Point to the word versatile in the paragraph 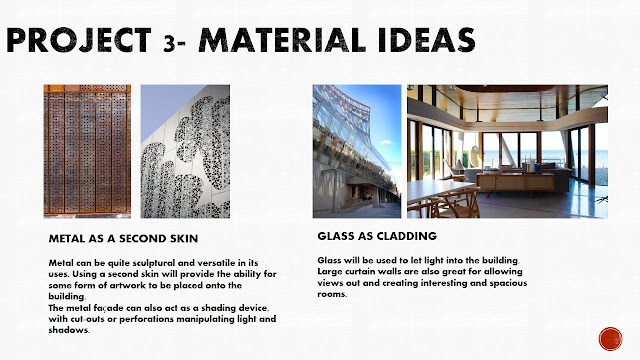(202, 261)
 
